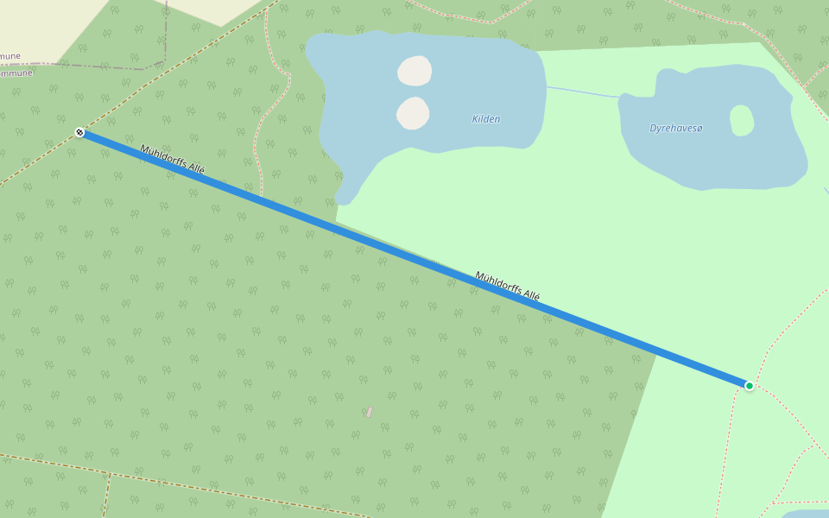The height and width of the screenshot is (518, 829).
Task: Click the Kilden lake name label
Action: tap(486, 119)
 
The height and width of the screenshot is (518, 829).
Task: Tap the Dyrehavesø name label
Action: tap(676, 129)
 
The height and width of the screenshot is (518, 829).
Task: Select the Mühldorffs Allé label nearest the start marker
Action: tap(172, 160)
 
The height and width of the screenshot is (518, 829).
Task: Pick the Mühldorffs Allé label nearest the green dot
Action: tap(507, 286)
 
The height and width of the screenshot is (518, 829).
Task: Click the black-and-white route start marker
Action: tap(79, 132)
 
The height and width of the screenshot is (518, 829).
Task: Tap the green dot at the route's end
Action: tap(750, 385)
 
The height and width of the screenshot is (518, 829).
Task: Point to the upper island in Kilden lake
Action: tap(414, 71)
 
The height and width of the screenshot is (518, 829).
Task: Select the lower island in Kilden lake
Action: tap(413, 113)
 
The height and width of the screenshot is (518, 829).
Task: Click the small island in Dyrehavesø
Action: tap(742, 120)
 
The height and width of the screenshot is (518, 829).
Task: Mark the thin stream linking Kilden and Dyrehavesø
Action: tap(583, 91)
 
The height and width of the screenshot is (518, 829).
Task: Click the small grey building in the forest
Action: tap(370, 412)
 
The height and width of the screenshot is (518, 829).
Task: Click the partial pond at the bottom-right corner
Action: tap(807, 513)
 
